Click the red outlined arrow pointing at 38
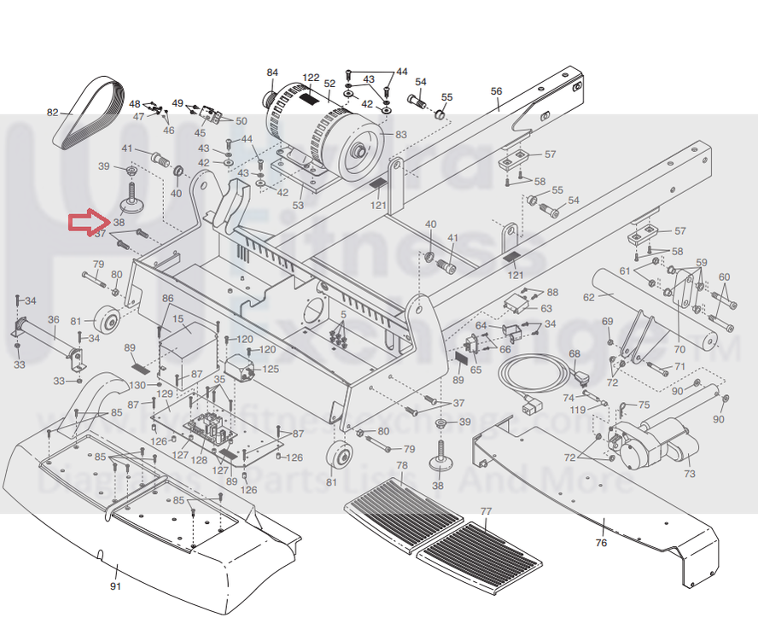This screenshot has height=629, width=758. click(85, 222)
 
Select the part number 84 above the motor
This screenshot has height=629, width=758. click(272, 72)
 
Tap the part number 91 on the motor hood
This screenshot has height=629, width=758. click(116, 586)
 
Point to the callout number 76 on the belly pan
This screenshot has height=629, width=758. click(601, 543)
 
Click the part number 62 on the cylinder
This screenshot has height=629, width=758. click(589, 298)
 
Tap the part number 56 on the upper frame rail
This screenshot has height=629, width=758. click(496, 91)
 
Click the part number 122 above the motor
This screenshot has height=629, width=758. click(311, 78)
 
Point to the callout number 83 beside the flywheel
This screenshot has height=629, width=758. click(400, 134)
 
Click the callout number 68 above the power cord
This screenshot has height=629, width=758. click(574, 353)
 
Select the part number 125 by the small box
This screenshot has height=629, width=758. click(270, 369)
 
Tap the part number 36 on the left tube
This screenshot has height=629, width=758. click(53, 320)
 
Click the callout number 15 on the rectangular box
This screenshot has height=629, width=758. click(178, 320)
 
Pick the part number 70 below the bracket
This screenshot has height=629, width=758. click(679, 349)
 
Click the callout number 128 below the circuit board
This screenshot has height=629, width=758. click(198, 460)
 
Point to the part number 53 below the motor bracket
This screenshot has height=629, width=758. click(298, 205)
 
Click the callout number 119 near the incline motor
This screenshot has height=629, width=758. click(578, 410)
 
